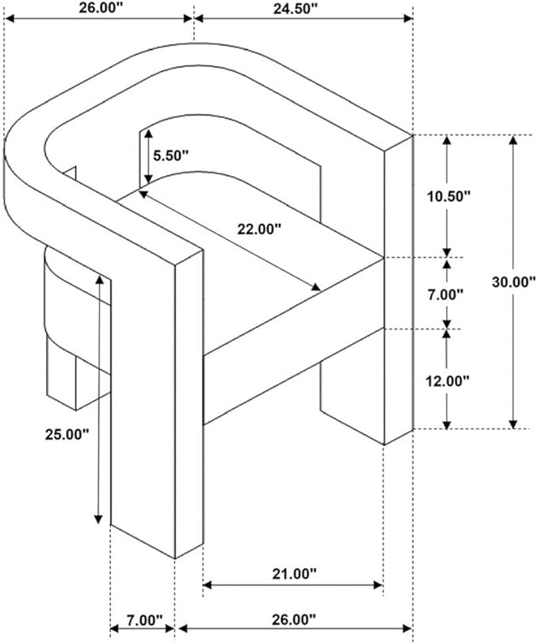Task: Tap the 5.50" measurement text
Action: click(x=170, y=155)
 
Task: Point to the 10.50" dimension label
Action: click(x=448, y=196)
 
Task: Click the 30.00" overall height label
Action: click(x=514, y=282)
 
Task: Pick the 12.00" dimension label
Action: click(x=447, y=382)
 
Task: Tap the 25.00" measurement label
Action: click(x=67, y=435)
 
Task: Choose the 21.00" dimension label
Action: click(x=295, y=574)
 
